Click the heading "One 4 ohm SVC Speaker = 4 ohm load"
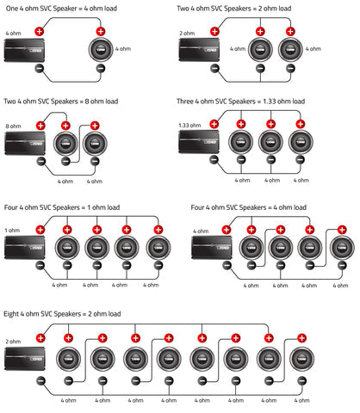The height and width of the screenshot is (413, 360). (61, 9)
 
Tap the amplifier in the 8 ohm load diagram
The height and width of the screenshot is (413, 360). (25, 143)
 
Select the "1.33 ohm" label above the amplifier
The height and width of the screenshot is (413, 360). (189, 126)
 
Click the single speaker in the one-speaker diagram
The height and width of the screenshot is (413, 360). (101, 50)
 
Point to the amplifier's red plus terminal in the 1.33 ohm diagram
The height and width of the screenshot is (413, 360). (214, 124)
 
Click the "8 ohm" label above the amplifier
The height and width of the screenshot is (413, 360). (13, 126)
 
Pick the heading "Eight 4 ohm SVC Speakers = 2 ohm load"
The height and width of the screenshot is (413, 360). (62, 314)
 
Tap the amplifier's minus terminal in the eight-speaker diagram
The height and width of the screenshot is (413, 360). (40, 381)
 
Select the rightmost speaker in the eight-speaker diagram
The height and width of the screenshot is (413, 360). (301, 359)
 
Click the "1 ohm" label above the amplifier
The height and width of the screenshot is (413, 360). (12, 231)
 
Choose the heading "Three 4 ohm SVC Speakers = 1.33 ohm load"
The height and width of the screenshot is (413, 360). (240, 102)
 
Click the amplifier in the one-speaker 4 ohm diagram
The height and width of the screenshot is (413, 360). (24, 50)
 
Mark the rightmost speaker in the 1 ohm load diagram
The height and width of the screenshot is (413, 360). (158, 248)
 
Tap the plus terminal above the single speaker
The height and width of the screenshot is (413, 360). (101, 32)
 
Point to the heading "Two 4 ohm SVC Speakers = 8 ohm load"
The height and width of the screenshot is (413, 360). (61, 102)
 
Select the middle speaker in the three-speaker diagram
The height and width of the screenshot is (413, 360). (270, 142)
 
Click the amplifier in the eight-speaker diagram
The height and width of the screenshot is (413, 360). (25, 359)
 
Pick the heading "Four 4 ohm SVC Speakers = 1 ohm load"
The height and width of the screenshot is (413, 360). (62, 207)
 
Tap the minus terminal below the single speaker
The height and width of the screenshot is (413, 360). (101, 68)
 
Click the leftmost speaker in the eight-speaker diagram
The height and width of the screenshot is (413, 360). (68, 359)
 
